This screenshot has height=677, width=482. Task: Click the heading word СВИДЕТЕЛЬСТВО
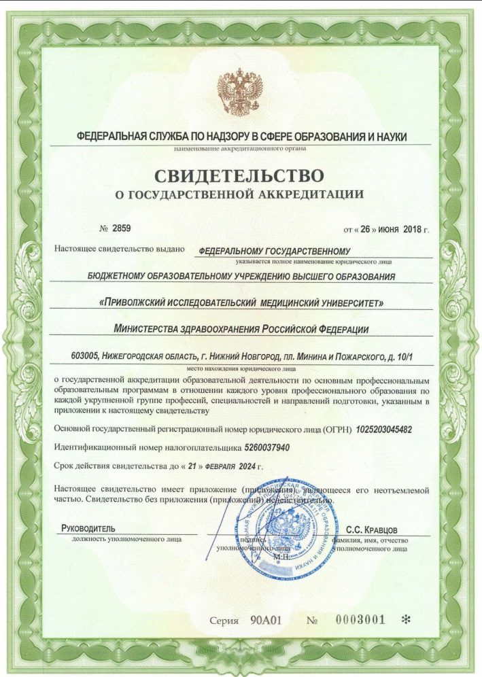tap(240, 176)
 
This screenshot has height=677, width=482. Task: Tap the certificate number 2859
tap(122, 228)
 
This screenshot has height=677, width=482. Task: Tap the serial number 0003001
tap(361, 619)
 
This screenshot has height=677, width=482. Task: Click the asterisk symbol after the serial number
tap(407, 619)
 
